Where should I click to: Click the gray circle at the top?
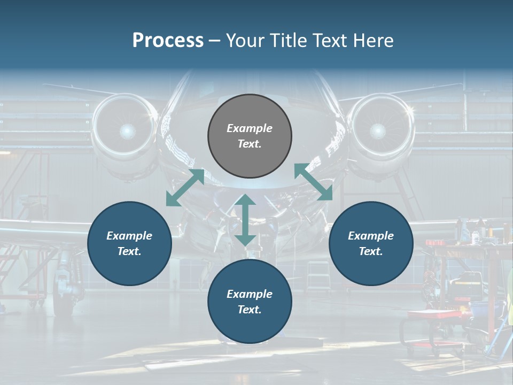250,136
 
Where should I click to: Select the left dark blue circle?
129,243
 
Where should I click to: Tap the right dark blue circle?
371,243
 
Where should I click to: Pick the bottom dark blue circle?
250,302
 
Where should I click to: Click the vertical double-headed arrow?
245,220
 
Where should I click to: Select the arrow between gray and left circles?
185,188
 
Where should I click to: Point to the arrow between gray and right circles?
314,182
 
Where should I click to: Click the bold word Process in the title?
168,41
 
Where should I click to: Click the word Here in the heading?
374,41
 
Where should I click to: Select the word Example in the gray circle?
250,128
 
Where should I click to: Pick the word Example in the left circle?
129,236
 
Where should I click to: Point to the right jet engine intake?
377,130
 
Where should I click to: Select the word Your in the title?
243,41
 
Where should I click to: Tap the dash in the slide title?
215,41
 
